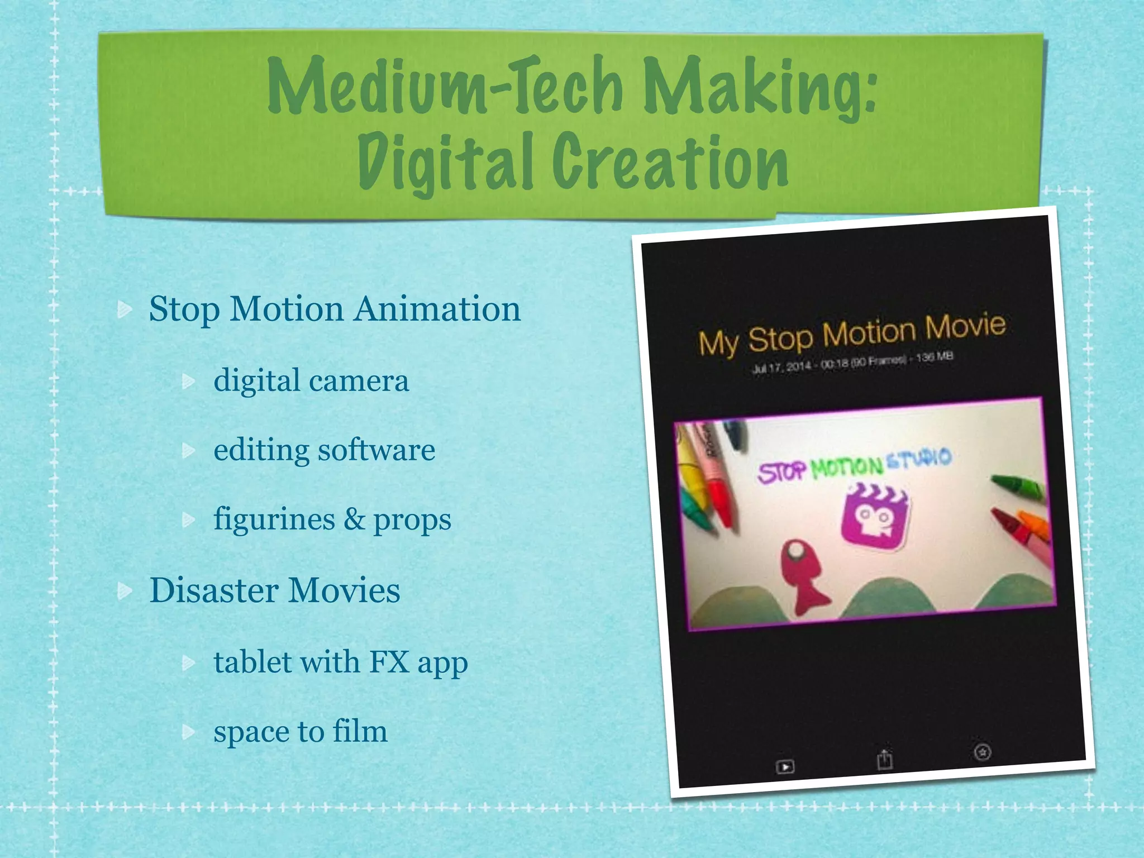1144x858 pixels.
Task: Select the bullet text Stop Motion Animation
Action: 335,308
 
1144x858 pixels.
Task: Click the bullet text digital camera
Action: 311,380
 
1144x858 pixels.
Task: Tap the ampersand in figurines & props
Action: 354,519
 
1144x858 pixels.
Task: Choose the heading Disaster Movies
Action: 275,590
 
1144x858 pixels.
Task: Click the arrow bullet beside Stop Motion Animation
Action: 125,309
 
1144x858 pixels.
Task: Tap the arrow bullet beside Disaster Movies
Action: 125,590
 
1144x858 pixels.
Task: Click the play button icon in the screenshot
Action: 785,766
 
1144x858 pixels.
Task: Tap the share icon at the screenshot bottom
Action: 884,759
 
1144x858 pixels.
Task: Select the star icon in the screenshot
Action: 983,752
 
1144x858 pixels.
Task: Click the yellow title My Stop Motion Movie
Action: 852,333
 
